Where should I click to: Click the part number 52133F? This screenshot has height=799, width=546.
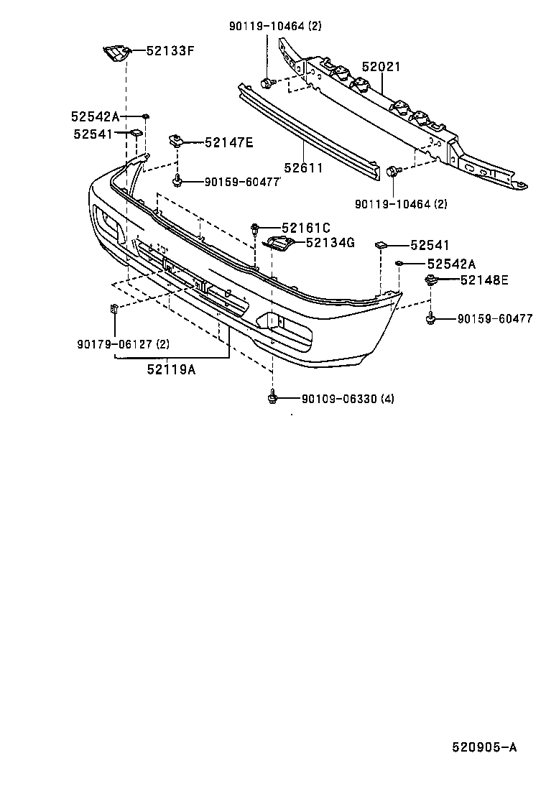(170, 50)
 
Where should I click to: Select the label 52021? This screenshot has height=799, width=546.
(381, 67)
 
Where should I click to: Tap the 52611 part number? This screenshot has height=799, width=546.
(302, 168)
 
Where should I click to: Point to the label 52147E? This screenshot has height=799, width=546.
(228, 142)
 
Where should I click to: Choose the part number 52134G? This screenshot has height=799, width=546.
(330, 243)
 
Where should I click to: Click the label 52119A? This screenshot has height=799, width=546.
(171, 370)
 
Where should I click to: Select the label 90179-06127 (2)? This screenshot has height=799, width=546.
(123, 343)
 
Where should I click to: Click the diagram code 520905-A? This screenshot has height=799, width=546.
(483, 747)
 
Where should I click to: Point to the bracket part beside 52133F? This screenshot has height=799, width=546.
(114, 52)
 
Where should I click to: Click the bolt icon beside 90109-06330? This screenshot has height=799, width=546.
(272, 396)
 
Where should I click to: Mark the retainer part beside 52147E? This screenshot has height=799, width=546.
(175, 139)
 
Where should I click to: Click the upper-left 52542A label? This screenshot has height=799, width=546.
(95, 116)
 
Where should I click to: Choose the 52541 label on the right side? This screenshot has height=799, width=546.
(430, 246)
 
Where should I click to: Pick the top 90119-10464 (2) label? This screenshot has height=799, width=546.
(275, 27)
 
